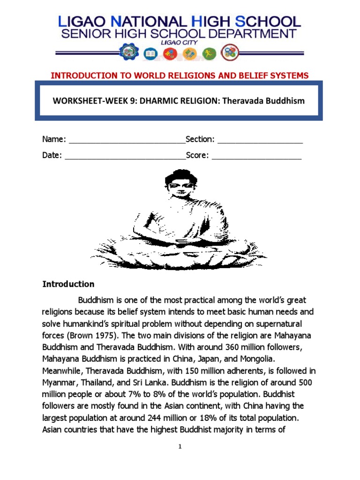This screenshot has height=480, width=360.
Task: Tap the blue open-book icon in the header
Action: point(150,53)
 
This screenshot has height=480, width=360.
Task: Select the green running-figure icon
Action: point(210,53)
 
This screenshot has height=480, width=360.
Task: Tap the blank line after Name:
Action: point(127,140)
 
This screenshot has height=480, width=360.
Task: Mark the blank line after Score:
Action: point(256,156)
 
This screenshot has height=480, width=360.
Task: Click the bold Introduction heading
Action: point(68,284)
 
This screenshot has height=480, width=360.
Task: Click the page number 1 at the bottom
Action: point(180,447)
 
